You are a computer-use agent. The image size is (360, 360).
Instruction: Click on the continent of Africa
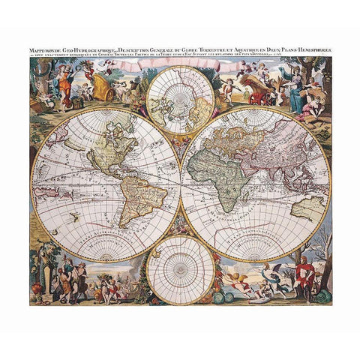click(x=224, y=173)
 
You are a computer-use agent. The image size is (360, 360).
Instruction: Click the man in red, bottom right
click(x=303, y=274)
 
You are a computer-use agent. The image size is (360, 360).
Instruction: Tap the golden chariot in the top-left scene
click(x=109, y=94)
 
